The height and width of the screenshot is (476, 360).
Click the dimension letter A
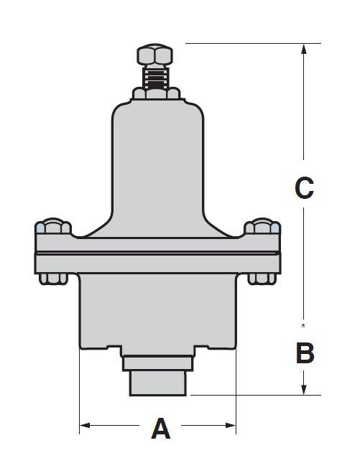161,429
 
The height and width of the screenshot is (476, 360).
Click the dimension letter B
305,353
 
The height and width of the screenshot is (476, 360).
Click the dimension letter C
304,188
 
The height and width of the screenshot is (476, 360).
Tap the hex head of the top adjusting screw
155,55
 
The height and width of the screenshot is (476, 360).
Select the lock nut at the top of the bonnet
156,93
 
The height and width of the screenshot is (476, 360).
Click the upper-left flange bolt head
53,226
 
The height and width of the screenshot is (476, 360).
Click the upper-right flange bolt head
262,226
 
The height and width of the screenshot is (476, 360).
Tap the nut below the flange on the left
53,279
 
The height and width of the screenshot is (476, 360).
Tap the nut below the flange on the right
262,279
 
